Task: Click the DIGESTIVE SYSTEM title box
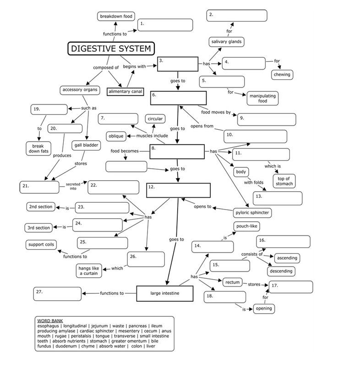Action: click(x=111, y=49)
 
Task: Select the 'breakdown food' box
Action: click(x=116, y=17)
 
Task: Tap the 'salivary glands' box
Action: click(x=226, y=42)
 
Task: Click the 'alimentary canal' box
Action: click(x=125, y=92)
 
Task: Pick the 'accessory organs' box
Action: click(x=80, y=90)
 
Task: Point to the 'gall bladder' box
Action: click(x=86, y=145)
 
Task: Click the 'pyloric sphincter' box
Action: click(x=252, y=212)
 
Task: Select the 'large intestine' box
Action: click(x=164, y=293)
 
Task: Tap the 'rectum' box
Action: click(x=232, y=282)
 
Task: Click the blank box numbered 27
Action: click(x=57, y=294)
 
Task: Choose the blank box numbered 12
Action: click(x=178, y=190)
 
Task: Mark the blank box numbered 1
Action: click(x=165, y=25)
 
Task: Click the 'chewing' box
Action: click(x=282, y=74)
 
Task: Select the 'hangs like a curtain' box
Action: click(x=89, y=271)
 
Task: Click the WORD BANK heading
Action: click(x=50, y=320)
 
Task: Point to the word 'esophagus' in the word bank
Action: click(x=49, y=326)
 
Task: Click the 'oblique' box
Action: click(x=115, y=136)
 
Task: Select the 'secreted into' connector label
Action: click(x=73, y=186)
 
